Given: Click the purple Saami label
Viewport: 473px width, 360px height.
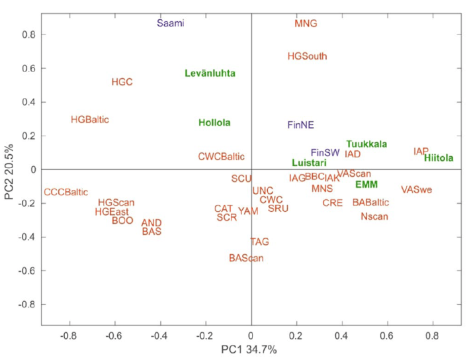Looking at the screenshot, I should (170, 23).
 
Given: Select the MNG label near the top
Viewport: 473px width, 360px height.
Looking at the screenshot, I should (306, 23).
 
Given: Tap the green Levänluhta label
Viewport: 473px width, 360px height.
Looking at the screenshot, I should (210, 73).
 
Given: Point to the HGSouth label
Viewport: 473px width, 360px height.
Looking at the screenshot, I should (307, 56).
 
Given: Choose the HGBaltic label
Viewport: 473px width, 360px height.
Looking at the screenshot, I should (89, 120).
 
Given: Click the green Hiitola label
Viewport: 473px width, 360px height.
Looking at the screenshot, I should (439, 158).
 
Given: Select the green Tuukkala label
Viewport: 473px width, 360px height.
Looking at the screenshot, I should (366, 144).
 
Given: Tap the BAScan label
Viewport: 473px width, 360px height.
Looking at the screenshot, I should (246, 257).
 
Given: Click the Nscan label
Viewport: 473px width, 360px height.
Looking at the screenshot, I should (374, 216).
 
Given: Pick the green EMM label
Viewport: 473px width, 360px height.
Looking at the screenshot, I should (366, 185).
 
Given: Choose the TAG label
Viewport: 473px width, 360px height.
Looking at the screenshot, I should (259, 242).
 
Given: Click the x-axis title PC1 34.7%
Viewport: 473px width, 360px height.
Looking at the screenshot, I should (249, 349).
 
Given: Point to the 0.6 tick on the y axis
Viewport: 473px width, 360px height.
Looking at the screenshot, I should (29, 68).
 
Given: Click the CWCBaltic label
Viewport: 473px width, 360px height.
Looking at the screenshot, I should (221, 157).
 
